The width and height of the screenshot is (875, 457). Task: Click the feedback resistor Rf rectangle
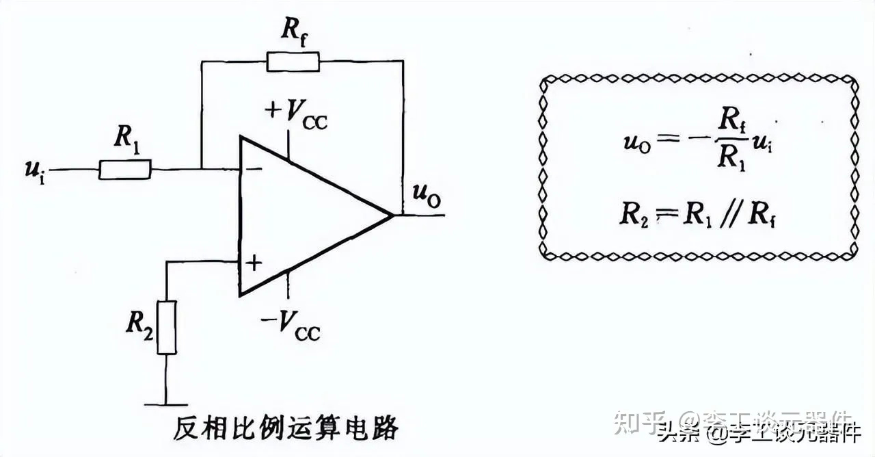[x=293, y=62]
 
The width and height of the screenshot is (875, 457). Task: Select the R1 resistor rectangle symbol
[x=125, y=169]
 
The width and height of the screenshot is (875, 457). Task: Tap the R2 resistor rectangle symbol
[x=167, y=327]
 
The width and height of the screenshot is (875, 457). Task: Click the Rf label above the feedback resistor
[x=293, y=31]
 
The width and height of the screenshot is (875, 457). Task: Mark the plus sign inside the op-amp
[x=254, y=262]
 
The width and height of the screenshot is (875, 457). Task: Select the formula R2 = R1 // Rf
[x=697, y=214]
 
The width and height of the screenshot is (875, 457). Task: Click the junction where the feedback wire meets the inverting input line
[x=201, y=169]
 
